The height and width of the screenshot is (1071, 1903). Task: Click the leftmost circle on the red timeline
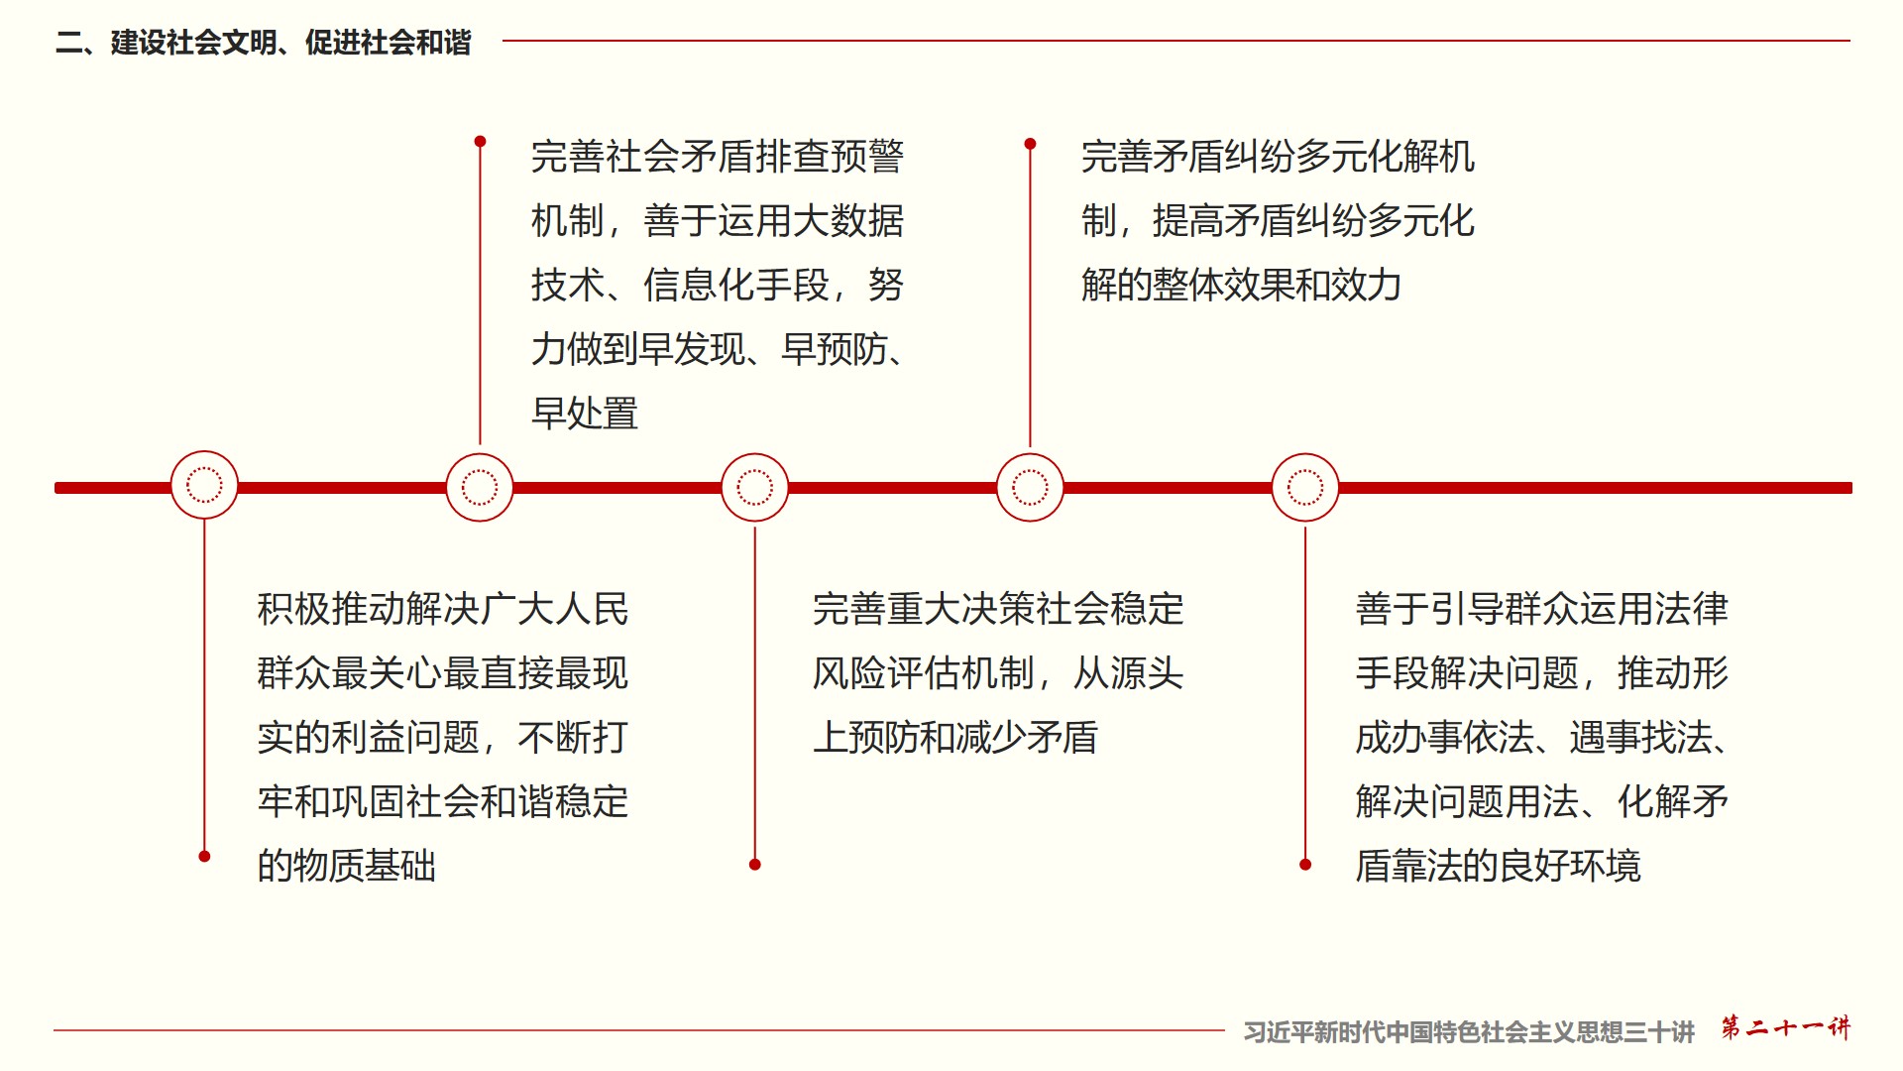coord(204,485)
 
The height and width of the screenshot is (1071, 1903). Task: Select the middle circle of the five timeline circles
coord(754,487)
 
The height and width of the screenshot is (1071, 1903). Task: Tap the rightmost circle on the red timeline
coord(1305,487)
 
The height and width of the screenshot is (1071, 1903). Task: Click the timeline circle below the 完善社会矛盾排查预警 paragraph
coord(480,487)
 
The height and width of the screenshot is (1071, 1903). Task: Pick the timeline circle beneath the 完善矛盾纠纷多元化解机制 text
coord(1030,487)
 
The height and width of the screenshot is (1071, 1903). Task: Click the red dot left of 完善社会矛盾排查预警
coord(480,142)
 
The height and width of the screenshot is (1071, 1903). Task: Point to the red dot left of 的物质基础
coord(204,856)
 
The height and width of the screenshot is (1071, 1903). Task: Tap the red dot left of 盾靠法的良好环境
coord(1305,865)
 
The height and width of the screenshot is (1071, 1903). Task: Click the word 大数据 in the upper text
coord(848,221)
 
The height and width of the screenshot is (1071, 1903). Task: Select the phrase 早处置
coord(585,414)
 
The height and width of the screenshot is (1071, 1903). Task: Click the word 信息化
coord(699,286)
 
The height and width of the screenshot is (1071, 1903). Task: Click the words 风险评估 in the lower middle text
coord(886,673)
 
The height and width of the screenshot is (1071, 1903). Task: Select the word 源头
coord(1148,673)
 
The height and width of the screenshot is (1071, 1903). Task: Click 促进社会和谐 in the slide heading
coord(389,43)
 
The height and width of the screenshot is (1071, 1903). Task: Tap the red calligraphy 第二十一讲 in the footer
coord(1785,1027)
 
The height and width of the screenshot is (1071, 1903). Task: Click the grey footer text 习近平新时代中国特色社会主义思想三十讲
coord(1469,1032)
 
